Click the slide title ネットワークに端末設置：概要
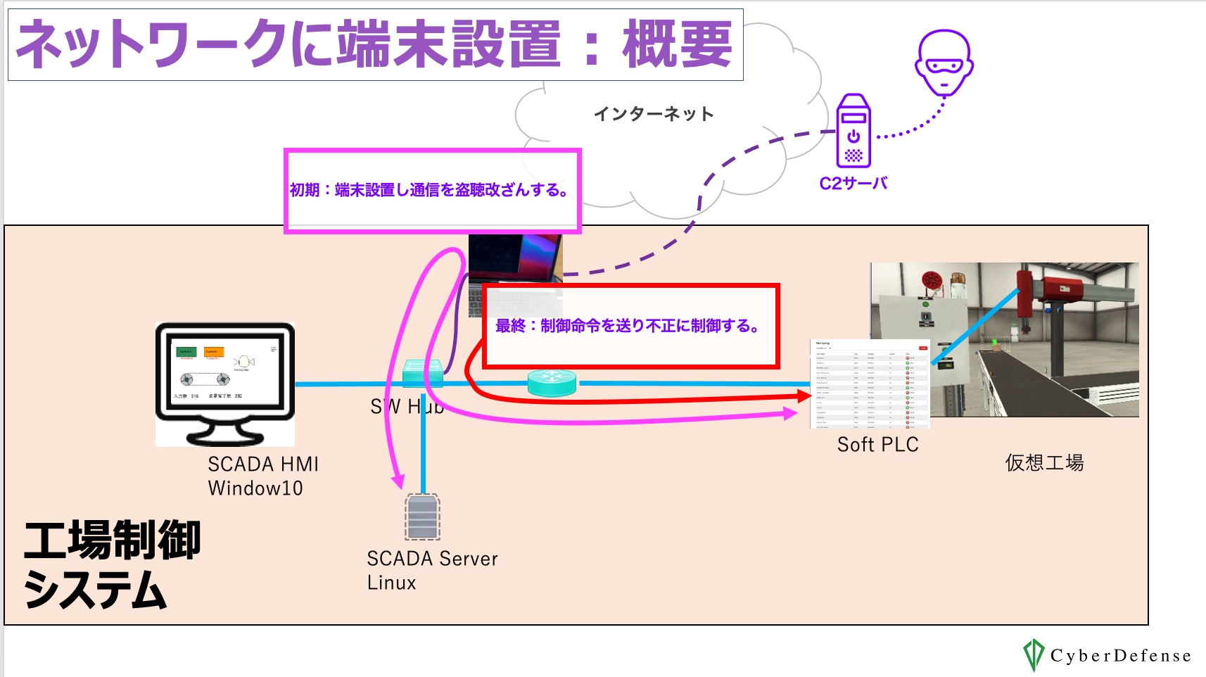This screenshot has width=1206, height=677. click(374, 44)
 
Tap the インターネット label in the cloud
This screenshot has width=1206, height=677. click(653, 114)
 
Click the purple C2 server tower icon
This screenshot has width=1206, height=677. click(853, 132)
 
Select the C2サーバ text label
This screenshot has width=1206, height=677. click(853, 184)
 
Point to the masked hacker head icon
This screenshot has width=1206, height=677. click(944, 62)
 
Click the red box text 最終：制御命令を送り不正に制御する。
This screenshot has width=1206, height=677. click(627, 326)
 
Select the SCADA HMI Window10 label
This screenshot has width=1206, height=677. click(262, 476)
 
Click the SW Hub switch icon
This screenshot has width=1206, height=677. click(422, 372)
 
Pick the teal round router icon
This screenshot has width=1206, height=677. click(552, 383)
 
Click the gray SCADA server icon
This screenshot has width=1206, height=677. click(422, 517)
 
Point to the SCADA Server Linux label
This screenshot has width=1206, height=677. click(431, 570)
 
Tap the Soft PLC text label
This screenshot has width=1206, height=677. click(877, 445)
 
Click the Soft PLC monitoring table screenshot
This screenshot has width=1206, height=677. click(870, 384)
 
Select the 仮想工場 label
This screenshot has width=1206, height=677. click(1044, 462)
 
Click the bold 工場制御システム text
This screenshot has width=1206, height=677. click(113, 563)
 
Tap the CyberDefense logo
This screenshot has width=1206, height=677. click(1107, 655)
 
